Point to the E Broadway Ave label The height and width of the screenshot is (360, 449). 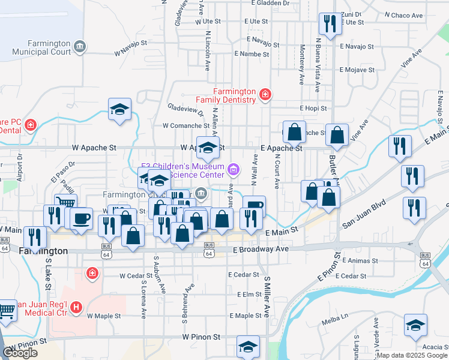click(x=258, y=248)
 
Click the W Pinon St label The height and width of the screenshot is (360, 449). click(x=202, y=338)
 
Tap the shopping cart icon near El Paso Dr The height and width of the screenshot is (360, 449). click(x=65, y=204)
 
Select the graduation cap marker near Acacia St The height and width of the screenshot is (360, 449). click(x=415, y=325)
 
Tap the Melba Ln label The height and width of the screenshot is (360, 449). click(x=336, y=316)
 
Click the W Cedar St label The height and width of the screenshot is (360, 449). click(x=136, y=276)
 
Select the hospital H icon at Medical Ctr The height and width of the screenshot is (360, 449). click(x=76, y=308)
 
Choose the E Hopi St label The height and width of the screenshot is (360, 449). click(x=314, y=109)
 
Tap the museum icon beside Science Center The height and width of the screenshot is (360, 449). click(x=234, y=171)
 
